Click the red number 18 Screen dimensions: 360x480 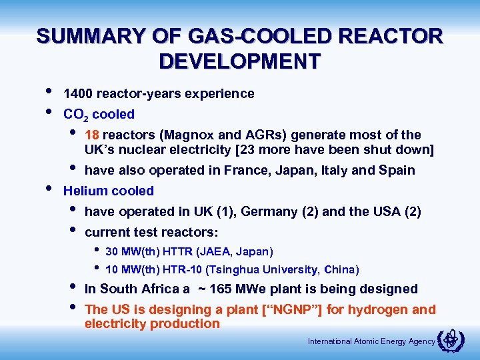click(93, 135)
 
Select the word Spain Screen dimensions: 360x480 click(397, 170)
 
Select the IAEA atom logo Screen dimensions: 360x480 click(451, 341)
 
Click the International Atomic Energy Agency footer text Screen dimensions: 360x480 click(371, 342)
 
